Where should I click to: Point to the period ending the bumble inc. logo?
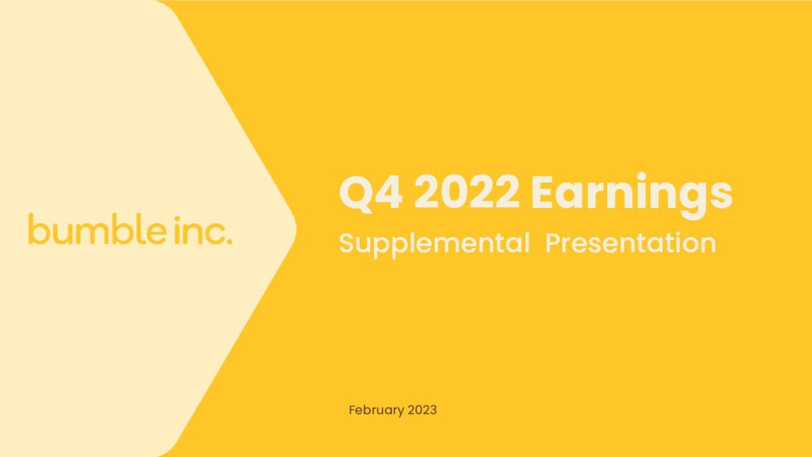228,241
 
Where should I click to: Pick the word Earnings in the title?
631,194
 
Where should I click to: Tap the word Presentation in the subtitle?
631,243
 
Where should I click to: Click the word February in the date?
377,410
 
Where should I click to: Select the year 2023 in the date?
422,410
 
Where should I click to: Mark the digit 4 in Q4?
388,193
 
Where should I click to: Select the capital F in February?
352,410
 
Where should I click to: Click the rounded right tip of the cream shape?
294,228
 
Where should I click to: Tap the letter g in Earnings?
693,198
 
